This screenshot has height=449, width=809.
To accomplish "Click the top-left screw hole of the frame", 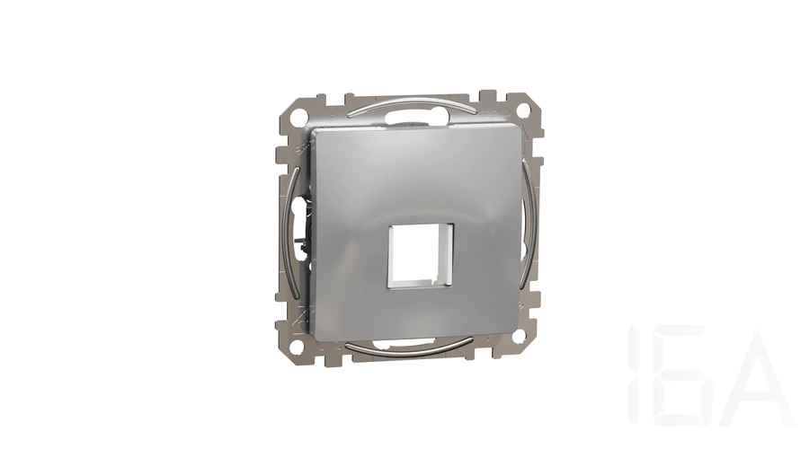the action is point(298,117).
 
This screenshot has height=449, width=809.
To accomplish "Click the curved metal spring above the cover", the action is point(411,102).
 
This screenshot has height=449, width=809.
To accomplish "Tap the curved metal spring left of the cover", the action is point(291,232).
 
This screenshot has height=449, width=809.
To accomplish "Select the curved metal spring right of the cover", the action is point(526,223).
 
